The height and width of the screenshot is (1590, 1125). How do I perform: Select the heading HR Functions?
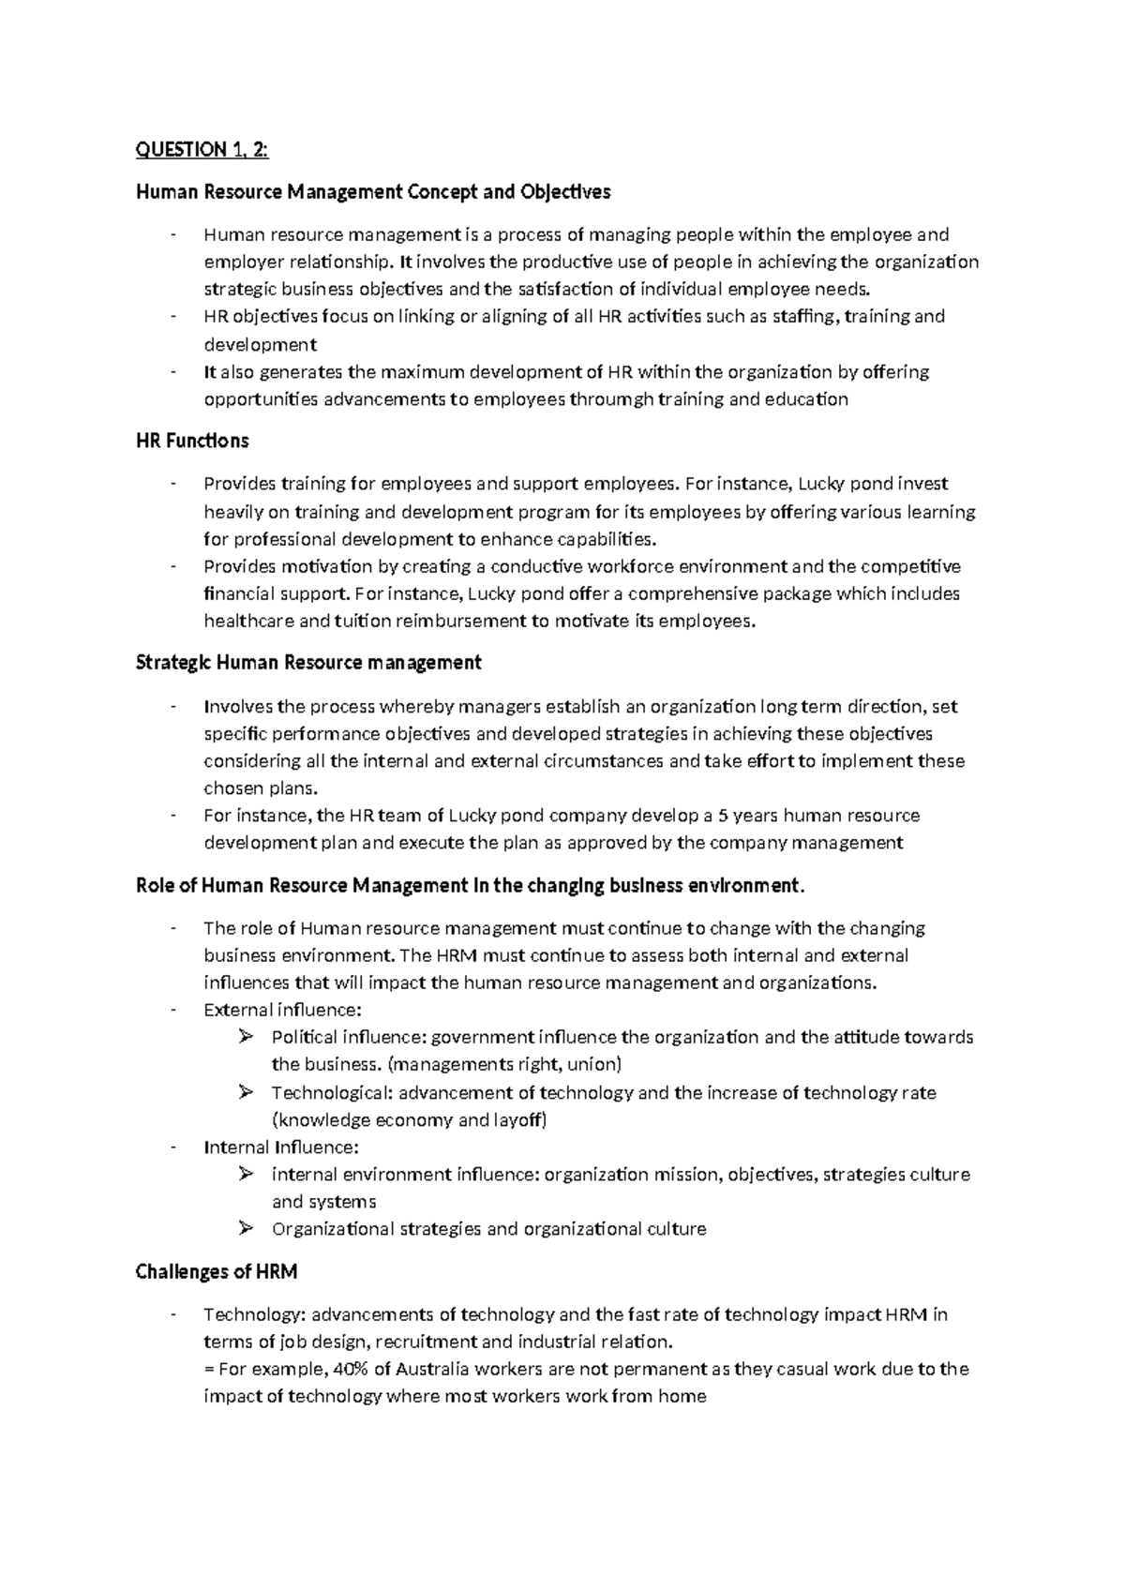pos(192,441)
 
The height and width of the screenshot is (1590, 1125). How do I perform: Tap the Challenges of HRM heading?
pos(217,1271)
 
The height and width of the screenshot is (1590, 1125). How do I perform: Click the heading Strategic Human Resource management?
pos(308,663)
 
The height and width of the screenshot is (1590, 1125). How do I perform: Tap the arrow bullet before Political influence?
pos(247,1037)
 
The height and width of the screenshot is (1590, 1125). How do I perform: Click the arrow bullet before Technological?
pos(247,1092)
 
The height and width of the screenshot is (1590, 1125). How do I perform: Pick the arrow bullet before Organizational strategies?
pos(247,1228)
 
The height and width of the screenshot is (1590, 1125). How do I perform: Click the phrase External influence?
pos(282,1010)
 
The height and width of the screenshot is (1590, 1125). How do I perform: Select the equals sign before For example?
pos(208,1369)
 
